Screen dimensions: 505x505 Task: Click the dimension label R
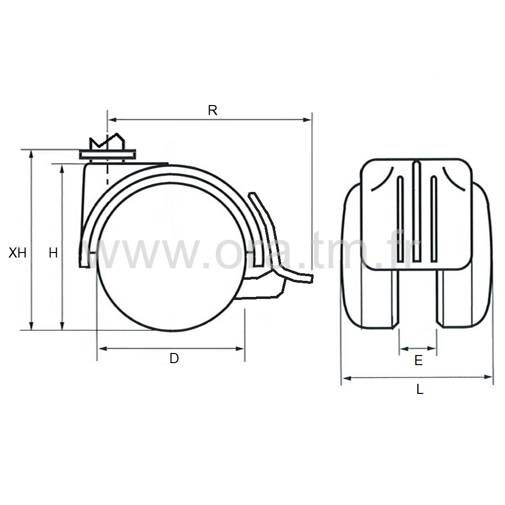coord(213,111)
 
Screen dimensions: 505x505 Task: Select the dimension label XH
coord(17,253)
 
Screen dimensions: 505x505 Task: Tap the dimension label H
coord(53,253)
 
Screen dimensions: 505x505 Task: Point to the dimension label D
coord(174,358)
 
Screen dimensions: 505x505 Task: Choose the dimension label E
coord(418,361)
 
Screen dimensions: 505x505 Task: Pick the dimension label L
coord(420,389)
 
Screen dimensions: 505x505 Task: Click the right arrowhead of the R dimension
coord(308,120)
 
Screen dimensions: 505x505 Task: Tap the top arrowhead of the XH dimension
coord(31,154)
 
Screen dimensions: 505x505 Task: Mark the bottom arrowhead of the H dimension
coord(63,326)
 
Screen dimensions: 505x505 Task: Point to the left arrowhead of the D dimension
coord(102,348)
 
